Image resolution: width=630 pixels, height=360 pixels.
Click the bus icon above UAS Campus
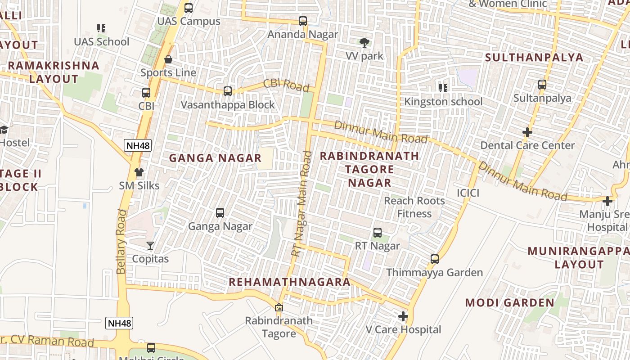(x=189, y=8)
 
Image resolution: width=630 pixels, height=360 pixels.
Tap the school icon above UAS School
(x=101, y=28)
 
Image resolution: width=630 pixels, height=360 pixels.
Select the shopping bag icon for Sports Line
(x=168, y=59)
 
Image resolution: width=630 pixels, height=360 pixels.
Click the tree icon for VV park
(x=364, y=43)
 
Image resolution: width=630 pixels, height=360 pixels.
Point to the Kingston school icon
(x=443, y=88)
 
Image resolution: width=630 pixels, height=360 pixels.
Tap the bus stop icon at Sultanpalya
(x=542, y=85)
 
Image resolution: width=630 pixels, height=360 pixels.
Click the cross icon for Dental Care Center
(x=527, y=132)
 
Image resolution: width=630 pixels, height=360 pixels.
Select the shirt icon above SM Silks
(x=139, y=172)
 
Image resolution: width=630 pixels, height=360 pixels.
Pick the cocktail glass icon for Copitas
(x=150, y=246)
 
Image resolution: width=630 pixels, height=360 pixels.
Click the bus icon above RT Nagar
(x=378, y=233)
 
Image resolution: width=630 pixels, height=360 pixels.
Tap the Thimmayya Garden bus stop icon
(x=435, y=259)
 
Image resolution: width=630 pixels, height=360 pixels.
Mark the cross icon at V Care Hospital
(x=403, y=316)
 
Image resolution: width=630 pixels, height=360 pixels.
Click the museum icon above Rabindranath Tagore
(x=279, y=308)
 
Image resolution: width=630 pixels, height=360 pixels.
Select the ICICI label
(x=468, y=193)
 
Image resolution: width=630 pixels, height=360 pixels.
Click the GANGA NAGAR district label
(x=215, y=158)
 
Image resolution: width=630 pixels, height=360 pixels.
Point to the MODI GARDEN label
(x=510, y=302)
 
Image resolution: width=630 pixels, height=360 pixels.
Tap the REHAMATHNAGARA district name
(x=289, y=282)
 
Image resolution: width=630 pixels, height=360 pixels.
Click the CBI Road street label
(x=286, y=85)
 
